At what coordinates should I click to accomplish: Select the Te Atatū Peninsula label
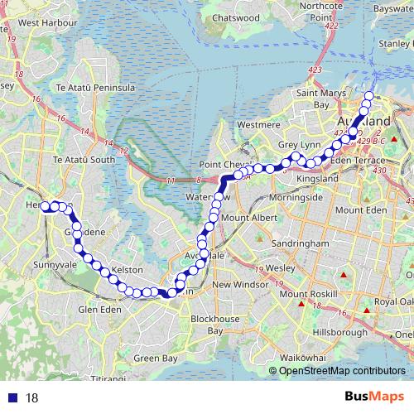(x=95, y=87)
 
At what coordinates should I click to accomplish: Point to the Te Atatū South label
(x=84, y=159)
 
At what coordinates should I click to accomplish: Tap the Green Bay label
(x=155, y=359)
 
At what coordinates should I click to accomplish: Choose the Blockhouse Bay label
(x=215, y=325)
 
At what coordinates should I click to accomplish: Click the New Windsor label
(x=239, y=285)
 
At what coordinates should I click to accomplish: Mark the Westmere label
(x=259, y=124)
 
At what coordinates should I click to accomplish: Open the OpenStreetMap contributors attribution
(x=342, y=371)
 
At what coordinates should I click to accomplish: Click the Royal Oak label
(x=394, y=302)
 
